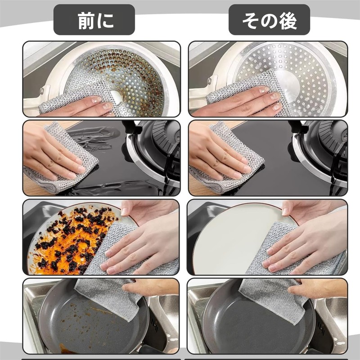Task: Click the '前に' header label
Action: point(94,20)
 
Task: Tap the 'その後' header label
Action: point(269,20)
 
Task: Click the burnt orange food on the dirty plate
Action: point(67,243)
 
